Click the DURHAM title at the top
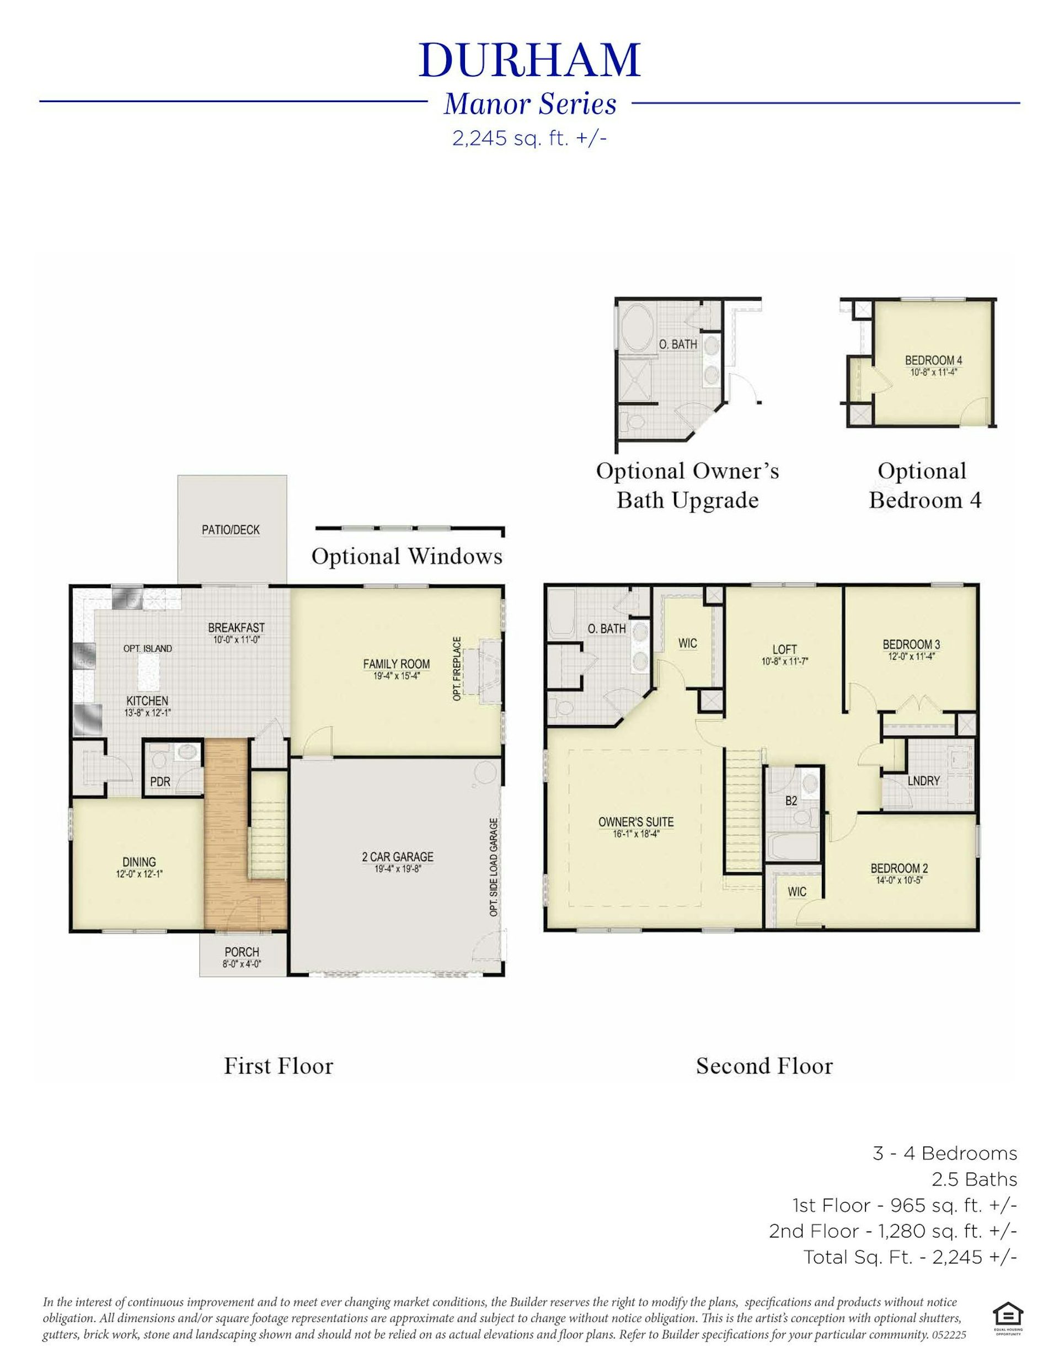pos(529,60)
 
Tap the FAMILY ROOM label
pos(396,664)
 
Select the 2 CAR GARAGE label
pos(397,857)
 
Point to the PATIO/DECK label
pos(231,530)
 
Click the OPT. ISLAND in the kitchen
pos(147,648)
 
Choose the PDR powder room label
pos(160,782)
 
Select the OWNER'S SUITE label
pos(636,821)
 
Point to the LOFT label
pos(785,650)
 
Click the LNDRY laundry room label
pos(923,781)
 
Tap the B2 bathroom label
pos(791,801)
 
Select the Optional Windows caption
pos(407,556)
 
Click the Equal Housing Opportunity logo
pos(1008,1313)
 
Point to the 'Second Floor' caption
pos(764,1066)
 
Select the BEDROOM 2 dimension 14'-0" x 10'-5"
pos(899,879)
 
